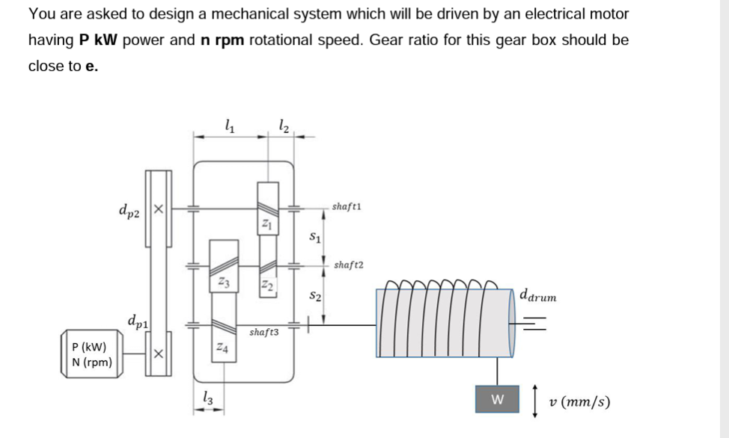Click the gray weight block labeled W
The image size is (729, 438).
coord(497,399)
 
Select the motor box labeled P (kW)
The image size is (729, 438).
coord(92,354)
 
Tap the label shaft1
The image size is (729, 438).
coord(347,207)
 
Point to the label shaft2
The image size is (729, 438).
coord(348,265)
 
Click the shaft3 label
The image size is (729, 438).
coord(264,332)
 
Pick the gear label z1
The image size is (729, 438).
coord(266,224)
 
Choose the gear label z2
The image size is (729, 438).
coord(267,284)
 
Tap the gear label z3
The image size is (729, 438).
coord(224,282)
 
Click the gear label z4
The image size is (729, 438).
coord(223,347)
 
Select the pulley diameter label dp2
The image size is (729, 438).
coord(129,211)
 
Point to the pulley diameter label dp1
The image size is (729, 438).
coord(138,321)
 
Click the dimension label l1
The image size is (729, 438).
coord(230,126)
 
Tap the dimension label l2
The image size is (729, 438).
coord(284,126)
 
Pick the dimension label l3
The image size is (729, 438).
coord(208,398)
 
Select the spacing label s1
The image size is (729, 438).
coord(315,237)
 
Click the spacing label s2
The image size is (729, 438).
coord(315,295)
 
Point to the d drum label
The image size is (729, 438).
coord(538,295)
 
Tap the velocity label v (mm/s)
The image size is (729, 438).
coord(580,401)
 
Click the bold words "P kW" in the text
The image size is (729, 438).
coord(98,40)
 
